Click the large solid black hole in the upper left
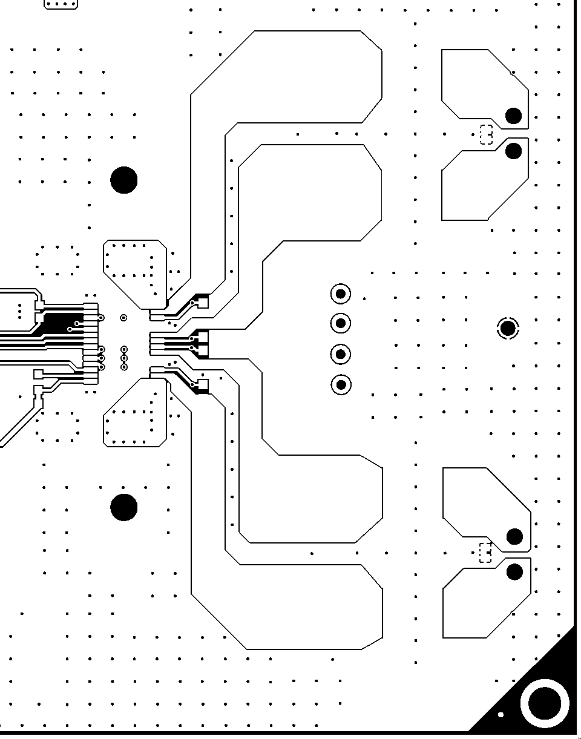coord(124,180)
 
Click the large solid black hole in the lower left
coord(124,507)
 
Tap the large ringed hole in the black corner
coord(545,703)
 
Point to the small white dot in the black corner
coord(501,715)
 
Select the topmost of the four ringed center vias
coord(341,294)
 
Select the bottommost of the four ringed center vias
coord(341,384)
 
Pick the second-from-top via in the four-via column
coord(341,323)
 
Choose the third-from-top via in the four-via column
coord(341,353)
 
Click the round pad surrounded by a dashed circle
coord(508,329)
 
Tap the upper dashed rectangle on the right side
coord(486,134)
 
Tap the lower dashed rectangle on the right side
coord(485,553)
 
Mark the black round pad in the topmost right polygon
coord(513,116)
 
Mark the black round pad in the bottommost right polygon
coord(514,572)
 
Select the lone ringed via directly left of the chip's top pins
coord(124,317)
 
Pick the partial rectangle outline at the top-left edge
coord(61,4)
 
